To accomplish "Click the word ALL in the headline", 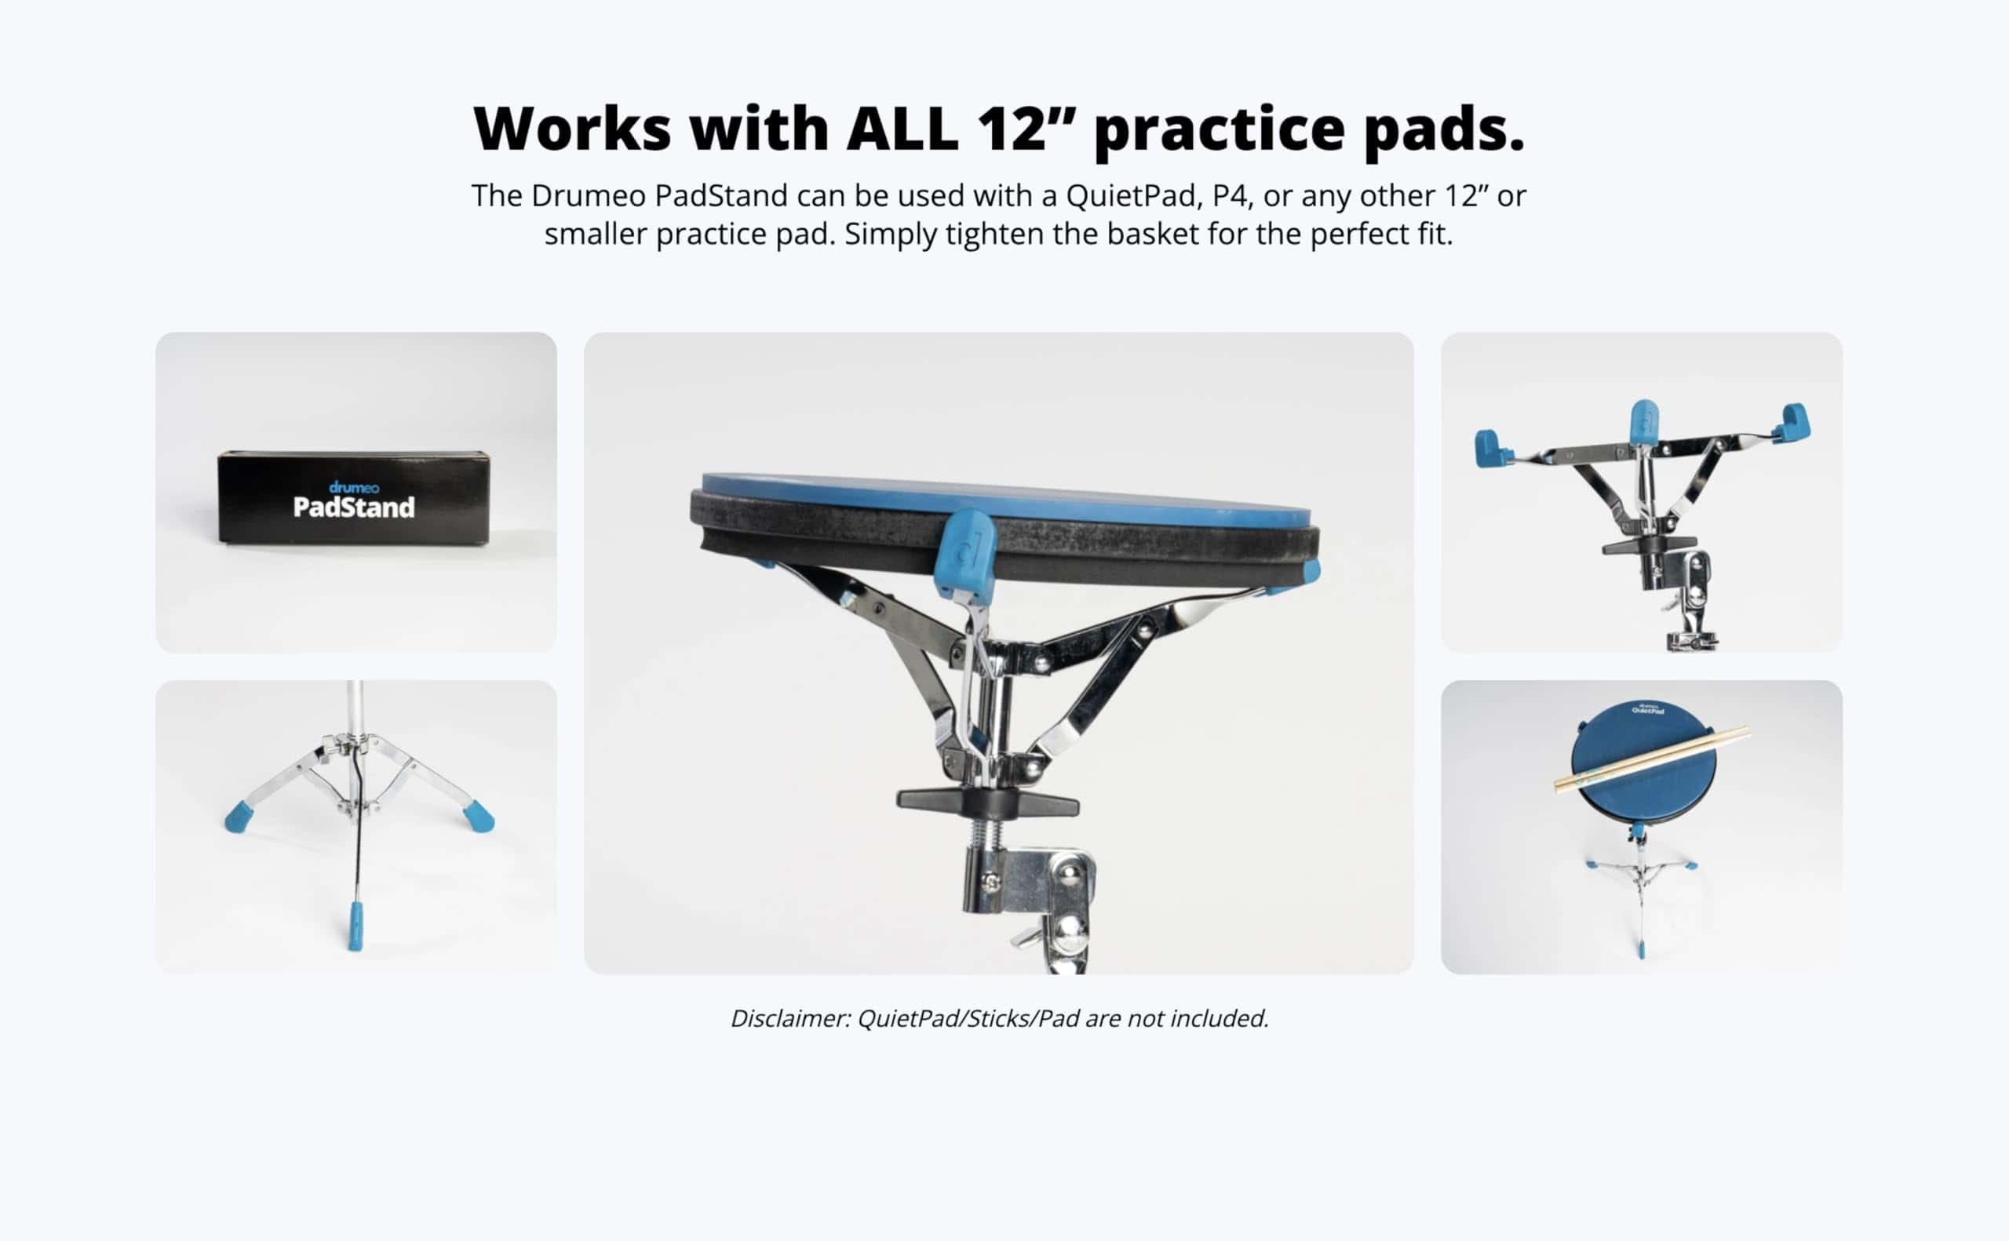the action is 902,129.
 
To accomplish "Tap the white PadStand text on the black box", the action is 354,508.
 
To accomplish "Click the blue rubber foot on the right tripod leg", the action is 479,815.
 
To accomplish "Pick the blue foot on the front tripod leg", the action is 355,926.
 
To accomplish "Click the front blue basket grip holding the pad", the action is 966,555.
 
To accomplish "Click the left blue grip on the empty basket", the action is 1494,448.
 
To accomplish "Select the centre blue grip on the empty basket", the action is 1643,423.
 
